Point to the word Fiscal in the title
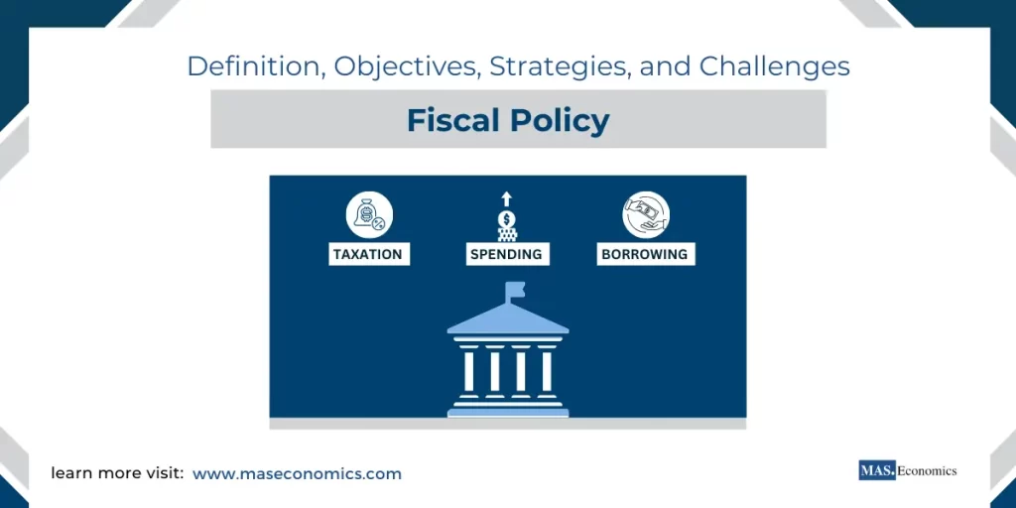coord(453,121)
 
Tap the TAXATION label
coord(368,254)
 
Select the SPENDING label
coord(506,254)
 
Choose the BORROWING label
coord(644,254)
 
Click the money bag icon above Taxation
coord(369,215)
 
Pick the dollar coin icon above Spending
coord(506,219)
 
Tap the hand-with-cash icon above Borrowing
coord(646,215)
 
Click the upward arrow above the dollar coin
coord(506,198)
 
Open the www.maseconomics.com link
coord(297,474)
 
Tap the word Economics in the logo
coord(927,470)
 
